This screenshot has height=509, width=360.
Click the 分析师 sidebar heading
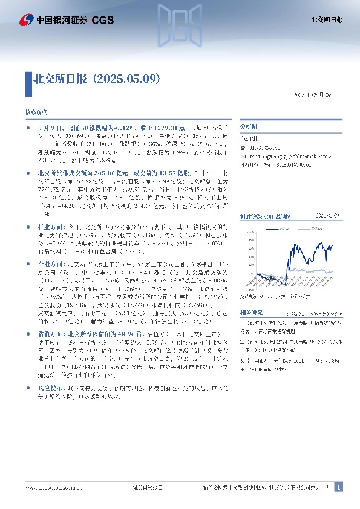(249, 128)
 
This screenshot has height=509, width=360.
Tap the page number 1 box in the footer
(339, 487)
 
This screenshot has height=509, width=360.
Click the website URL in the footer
(50, 487)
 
